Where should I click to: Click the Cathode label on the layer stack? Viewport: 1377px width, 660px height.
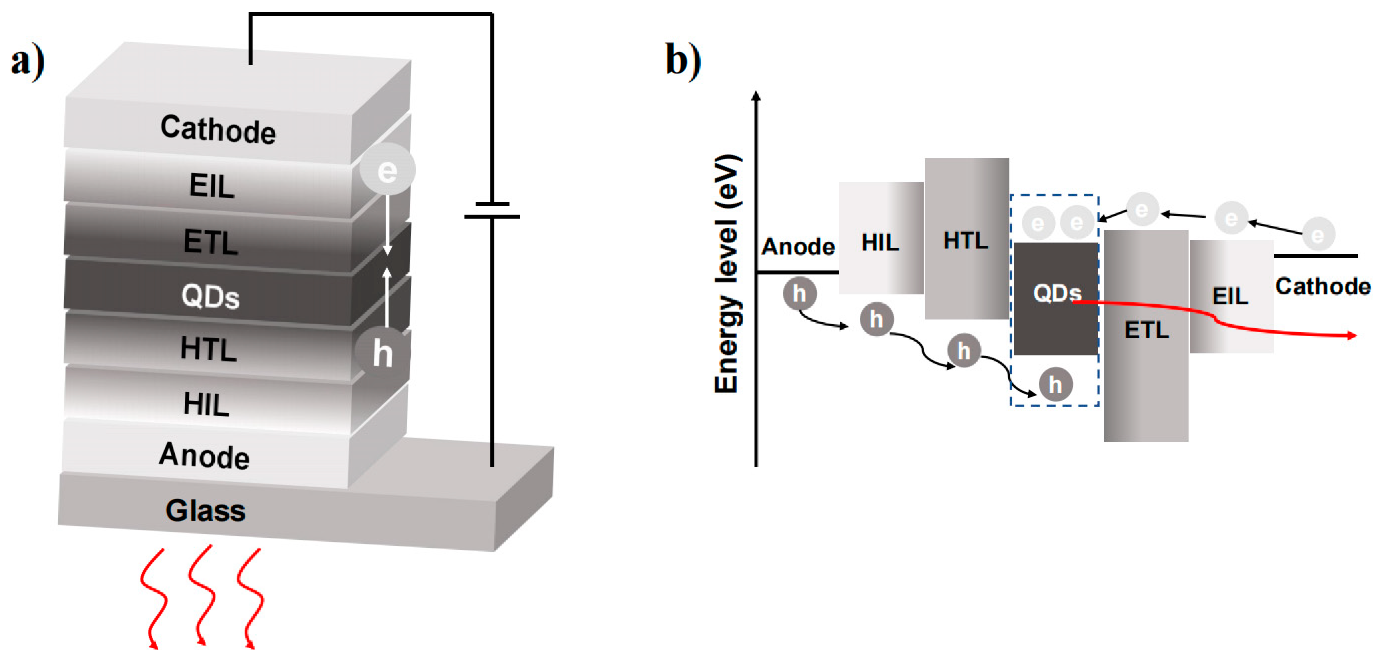click(218, 130)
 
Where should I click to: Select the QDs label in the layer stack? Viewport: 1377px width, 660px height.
click(210, 296)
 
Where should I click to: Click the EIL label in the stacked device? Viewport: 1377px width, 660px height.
click(212, 186)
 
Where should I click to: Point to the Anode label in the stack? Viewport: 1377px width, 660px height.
click(204, 456)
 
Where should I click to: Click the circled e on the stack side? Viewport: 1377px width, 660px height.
click(387, 170)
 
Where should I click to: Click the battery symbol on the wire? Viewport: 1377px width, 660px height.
click(492, 210)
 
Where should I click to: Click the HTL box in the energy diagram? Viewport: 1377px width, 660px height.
click(966, 238)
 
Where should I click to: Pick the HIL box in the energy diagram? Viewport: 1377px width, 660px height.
click(881, 238)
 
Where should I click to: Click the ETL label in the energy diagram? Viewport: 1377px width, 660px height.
click(1146, 330)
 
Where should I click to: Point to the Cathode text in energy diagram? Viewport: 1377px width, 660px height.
click(1323, 286)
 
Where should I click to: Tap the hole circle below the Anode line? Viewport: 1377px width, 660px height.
click(800, 293)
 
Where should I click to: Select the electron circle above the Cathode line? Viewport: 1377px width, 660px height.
click(1318, 234)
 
